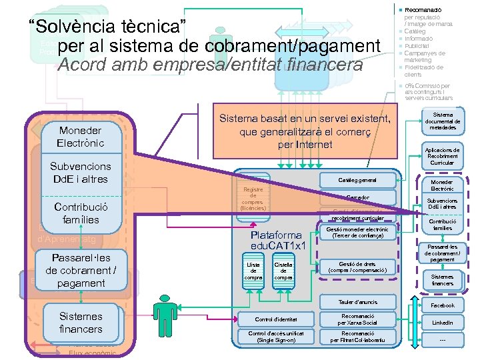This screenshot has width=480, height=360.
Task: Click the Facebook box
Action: pos(442,305)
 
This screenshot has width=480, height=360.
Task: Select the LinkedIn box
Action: pos(442,322)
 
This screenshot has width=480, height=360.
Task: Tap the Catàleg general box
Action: pos(357,180)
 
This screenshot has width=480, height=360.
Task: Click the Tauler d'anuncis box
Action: pos(357,302)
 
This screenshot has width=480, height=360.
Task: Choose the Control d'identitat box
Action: pos(276,319)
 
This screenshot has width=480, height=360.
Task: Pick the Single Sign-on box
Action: pos(276,336)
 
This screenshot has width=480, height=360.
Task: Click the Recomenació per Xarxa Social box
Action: pos(357,319)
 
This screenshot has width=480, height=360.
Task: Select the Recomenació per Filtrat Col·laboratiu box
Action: pos(357,336)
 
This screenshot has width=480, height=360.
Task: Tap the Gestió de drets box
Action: pos(357,267)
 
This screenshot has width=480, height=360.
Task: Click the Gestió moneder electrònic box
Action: pos(357,232)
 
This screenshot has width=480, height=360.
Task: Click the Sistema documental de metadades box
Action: pos(442,121)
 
